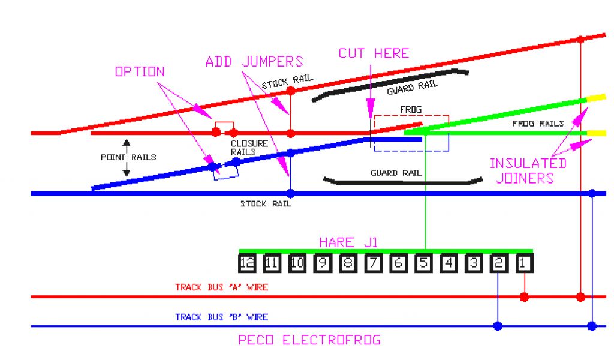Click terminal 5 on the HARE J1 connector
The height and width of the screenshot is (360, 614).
(424, 263)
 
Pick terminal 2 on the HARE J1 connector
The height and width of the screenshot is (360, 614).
(499, 263)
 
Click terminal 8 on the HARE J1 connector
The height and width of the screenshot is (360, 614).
(348, 263)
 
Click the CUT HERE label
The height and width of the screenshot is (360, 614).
(374, 53)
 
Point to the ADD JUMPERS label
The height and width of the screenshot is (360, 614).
(254, 61)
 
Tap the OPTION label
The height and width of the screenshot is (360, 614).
(140, 71)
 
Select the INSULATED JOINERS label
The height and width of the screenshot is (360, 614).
(528, 170)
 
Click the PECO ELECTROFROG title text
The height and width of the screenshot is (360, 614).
(309, 340)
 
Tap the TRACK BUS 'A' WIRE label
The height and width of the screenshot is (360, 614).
(221, 287)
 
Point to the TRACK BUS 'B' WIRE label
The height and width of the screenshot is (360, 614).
(221, 317)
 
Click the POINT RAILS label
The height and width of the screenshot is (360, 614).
(128, 157)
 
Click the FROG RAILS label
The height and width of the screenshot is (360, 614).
(538, 124)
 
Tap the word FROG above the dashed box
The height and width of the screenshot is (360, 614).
(411, 110)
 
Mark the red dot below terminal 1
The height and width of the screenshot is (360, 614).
(525, 297)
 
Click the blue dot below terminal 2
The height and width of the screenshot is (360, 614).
(498, 326)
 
